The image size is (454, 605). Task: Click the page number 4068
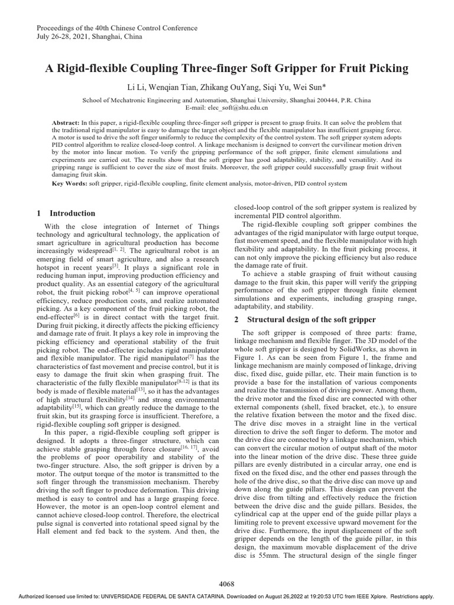[x=227, y=584]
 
